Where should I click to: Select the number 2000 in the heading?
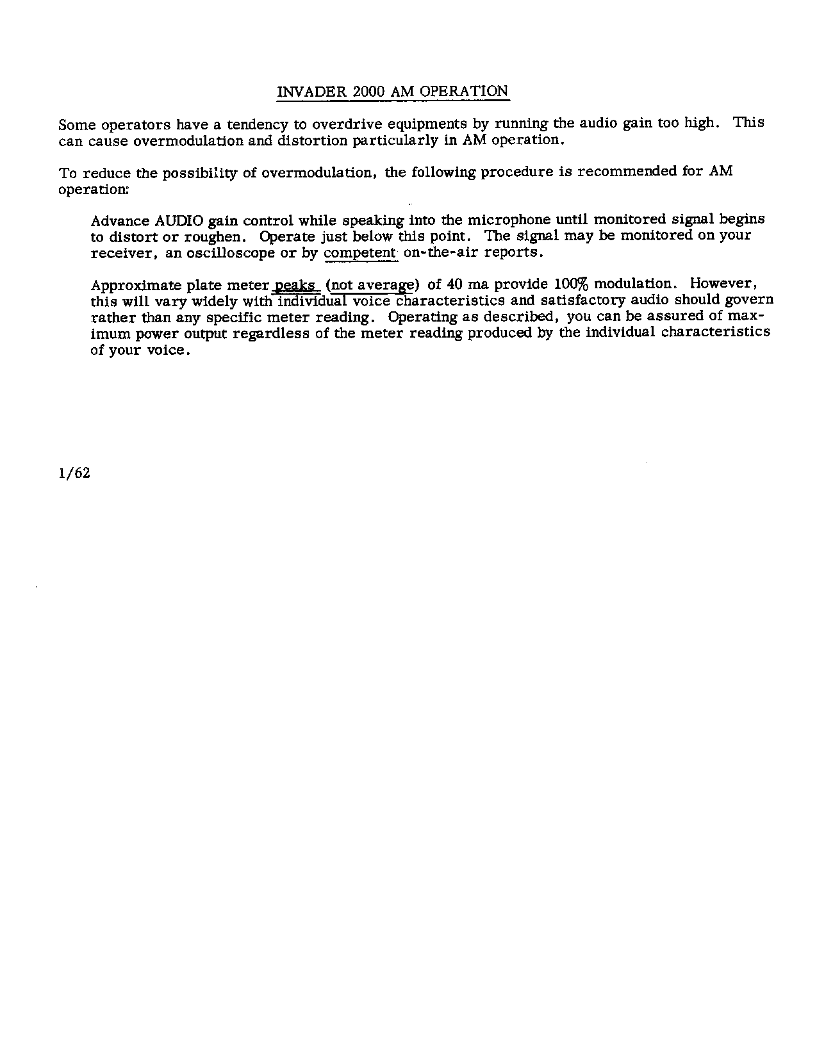pos(368,92)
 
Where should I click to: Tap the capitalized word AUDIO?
pos(179,221)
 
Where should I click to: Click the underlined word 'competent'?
pos(360,252)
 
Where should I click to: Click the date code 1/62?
pos(74,473)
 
